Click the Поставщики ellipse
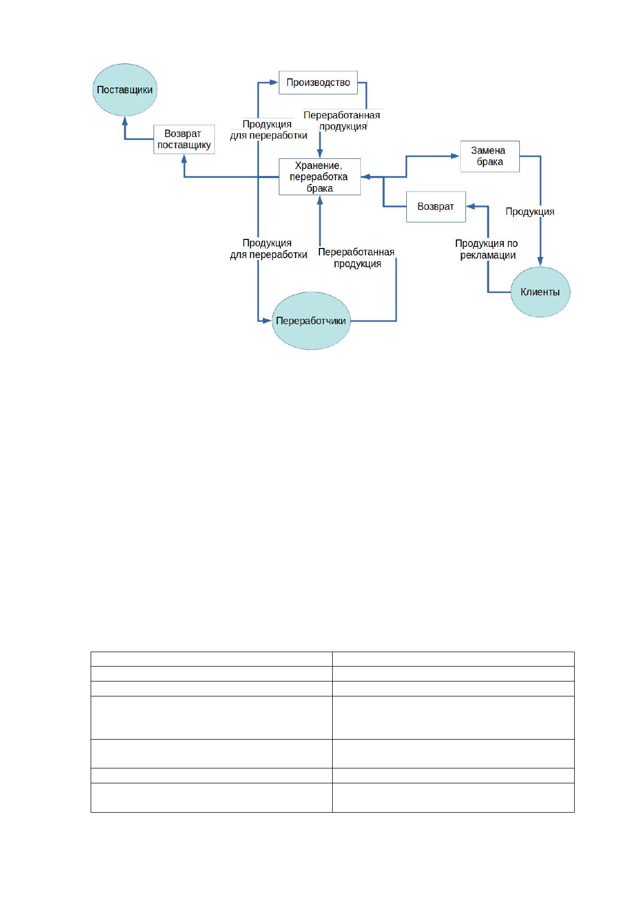click(125, 90)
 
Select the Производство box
click(318, 83)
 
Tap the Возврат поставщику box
click(184, 139)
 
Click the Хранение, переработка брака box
click(320, 177)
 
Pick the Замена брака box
click(490, 156)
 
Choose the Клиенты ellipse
click(540, 292)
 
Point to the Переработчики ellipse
click(311, 320)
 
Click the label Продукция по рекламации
click(487, 249)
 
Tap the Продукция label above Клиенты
click(530, 211)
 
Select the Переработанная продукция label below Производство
click(342, 121)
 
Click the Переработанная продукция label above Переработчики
click(356, 258)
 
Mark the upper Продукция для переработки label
click(269, 130)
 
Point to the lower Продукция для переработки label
click(269, 248)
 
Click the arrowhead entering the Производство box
click(274, 83)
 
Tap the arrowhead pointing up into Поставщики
click(125, 121)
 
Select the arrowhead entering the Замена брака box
click(455, 156)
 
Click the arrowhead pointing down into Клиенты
click(541, 261)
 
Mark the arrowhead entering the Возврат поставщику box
click(184, 158)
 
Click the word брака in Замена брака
click(490, 162)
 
